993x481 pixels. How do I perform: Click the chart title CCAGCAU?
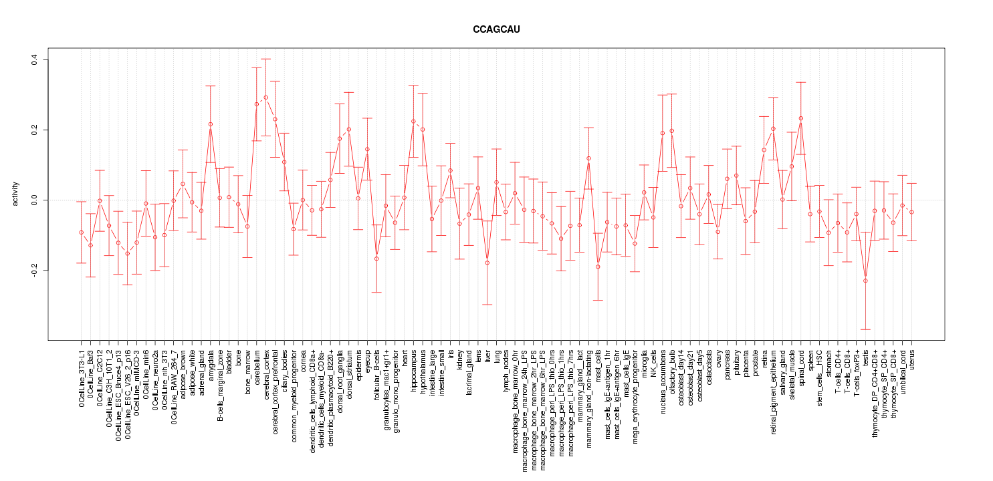click(495, 30)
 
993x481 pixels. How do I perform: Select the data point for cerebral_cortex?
click(265, 98)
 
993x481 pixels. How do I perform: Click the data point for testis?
click(865, 281)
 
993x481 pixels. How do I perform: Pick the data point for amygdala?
click(210, 124)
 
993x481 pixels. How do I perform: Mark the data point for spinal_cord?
click(800, 118)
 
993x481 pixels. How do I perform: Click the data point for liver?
click(487, 263)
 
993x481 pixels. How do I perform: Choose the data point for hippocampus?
click(413, 122)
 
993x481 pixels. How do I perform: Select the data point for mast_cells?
click(598, 267)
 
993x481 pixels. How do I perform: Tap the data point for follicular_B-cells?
click(376, 259)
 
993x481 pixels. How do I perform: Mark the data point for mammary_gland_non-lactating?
click(588, 158)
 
